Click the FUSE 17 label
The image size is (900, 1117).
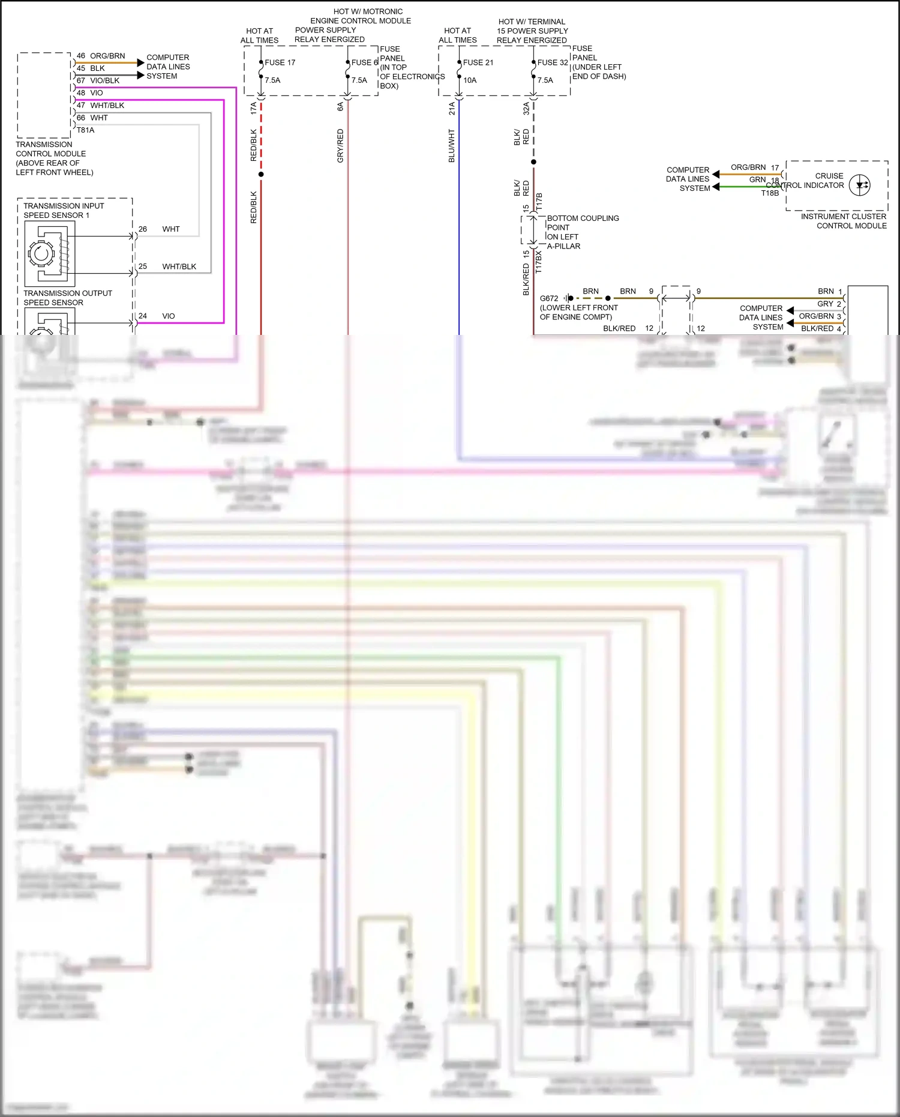(280, 62)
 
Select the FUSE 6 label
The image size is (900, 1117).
(364, 62)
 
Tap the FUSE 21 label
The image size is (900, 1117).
(478, 62)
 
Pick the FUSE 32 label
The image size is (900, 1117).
(552, 62)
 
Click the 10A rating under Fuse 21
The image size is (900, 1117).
(470, 80)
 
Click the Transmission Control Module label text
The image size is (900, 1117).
(54, 158)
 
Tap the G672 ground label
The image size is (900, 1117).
(548, 298)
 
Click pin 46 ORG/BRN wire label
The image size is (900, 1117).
(101, 56)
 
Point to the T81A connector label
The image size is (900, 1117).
(85, 130)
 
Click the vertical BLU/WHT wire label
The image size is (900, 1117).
(452, 145)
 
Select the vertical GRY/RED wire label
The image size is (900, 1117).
(340, 145)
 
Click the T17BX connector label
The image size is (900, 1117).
(538, 262)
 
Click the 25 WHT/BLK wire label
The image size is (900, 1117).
(168, 266)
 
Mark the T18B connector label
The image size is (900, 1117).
(770, 193)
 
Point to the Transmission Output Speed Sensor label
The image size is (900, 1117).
(67, 298)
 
